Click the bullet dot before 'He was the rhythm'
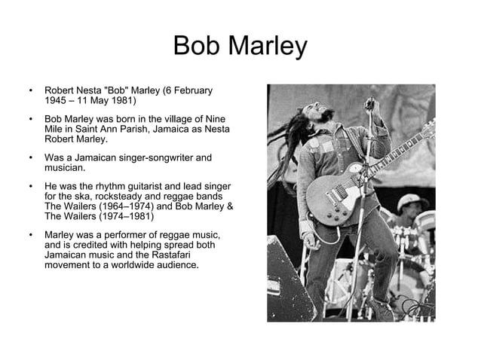(29, 186)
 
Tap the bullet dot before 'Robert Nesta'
(29, 91)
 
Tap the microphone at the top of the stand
(369, 104)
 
